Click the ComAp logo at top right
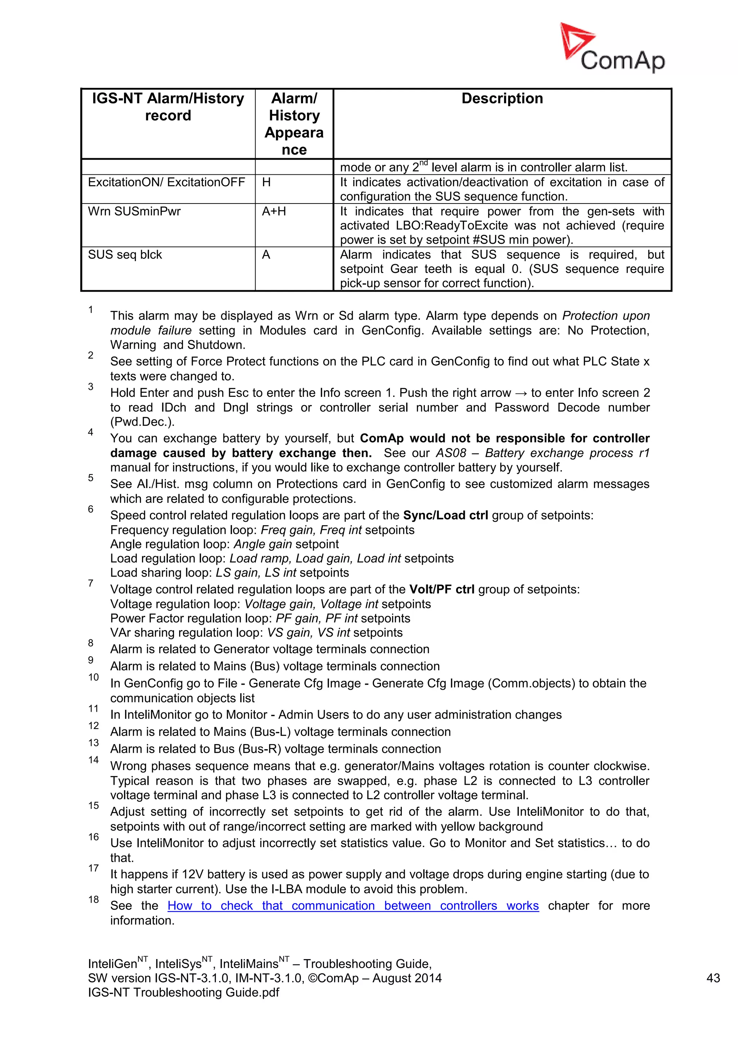[x=612, y=49]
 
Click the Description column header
[x=502, y=99]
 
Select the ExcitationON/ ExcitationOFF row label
[x=166, y=182]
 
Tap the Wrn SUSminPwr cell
[x=134, y=211]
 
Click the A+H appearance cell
[x=274, y=211]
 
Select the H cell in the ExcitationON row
[x=266, y=182]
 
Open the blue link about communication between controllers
[x=353, y=905]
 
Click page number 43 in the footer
[x=713, y=978]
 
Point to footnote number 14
[x=94, y=760]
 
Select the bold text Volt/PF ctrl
[x=442, y=589]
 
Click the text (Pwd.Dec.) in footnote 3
[x=142, y=422]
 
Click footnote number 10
[x=94, y=677]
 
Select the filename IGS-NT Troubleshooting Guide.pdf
[x=183, y=993]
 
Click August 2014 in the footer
[x=407, y=978]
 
